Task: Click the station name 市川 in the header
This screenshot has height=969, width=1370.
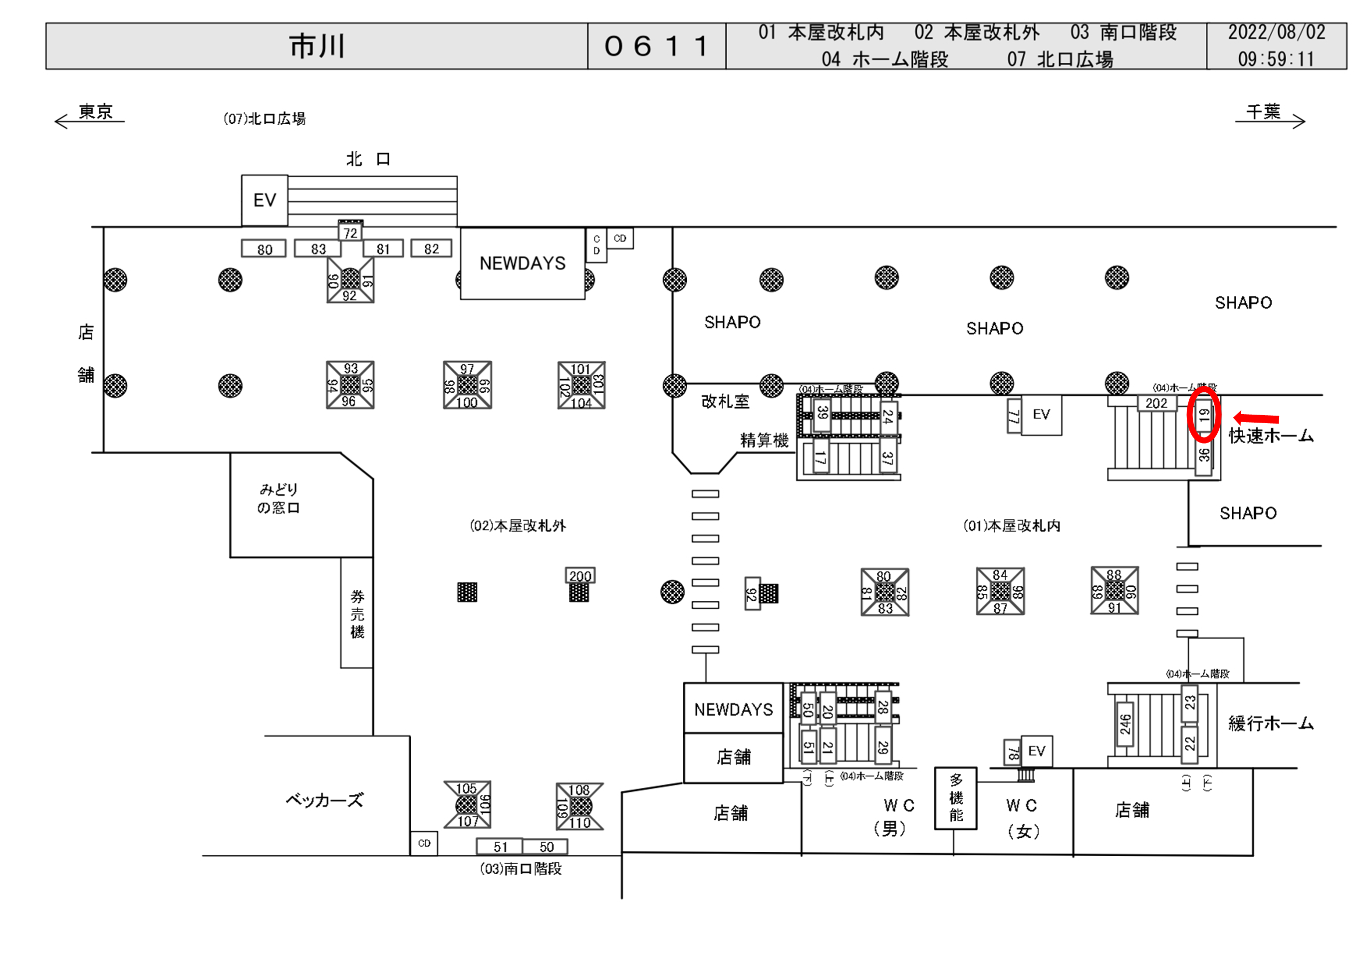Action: pos(317,46)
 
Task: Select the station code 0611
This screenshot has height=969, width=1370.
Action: pos(656,46)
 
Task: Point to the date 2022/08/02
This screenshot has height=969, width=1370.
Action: pos(1276,32)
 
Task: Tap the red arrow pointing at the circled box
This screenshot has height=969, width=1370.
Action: pos(1256,418)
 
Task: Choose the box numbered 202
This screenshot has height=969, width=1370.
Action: pos(1156,403)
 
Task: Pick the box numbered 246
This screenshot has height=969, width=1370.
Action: pos(1125,724)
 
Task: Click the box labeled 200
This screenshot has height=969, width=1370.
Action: pos(580,576)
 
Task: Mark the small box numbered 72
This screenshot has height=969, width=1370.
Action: pos(350,233)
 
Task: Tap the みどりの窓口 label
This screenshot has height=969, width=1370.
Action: pos(278,499)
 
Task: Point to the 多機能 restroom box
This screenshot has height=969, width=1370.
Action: pos(956,798)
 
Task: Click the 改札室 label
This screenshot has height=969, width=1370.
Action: pos(725,402)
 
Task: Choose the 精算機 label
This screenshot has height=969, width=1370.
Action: pos(765,441)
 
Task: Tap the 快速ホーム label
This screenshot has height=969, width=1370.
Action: pos(1271,436)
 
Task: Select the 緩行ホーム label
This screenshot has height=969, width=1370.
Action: pos(1271,724)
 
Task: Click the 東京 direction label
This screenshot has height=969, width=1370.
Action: pos(95,112)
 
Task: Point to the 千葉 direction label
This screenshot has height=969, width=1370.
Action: pos(1263,112)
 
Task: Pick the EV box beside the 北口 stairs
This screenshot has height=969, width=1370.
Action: pos(265,201)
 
